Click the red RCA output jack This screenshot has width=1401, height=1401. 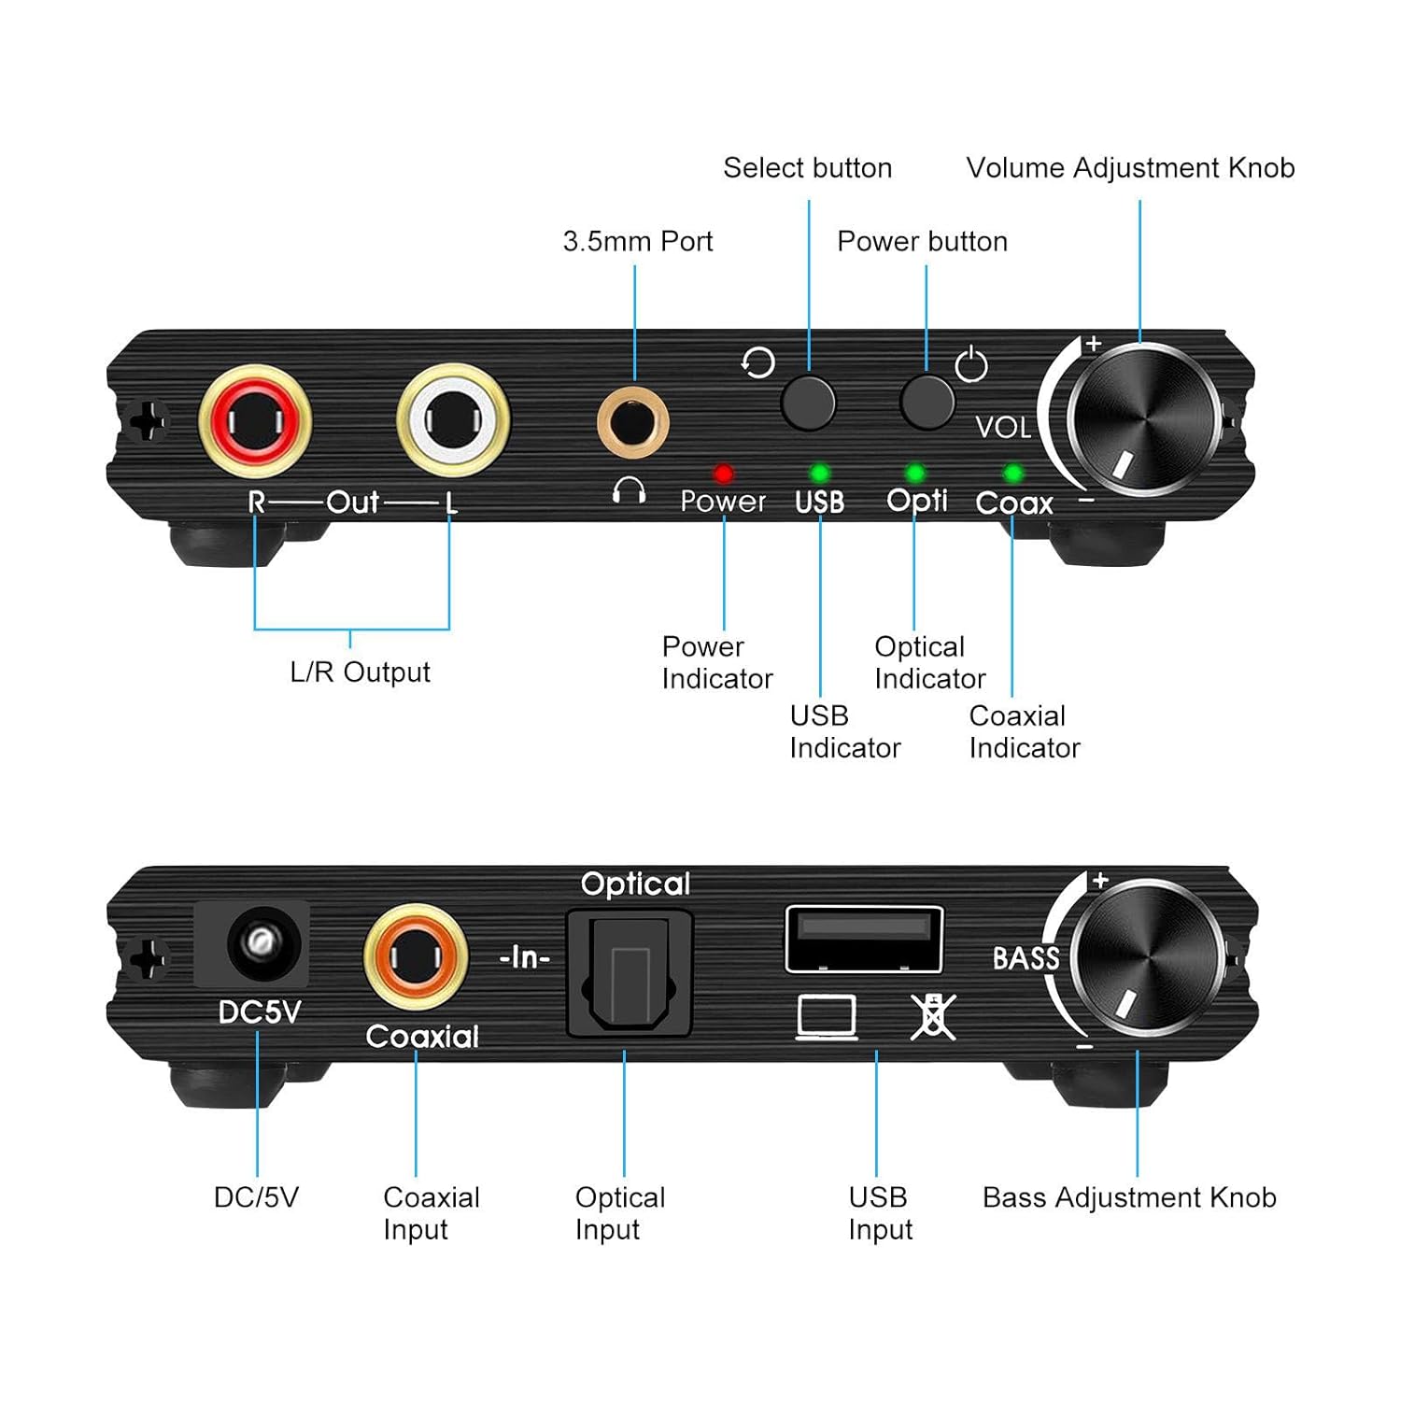pos(254,420)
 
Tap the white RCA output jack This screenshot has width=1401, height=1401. pos(453,419)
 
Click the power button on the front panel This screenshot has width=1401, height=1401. pos(927,402)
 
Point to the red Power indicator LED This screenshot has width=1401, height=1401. pos(723,474)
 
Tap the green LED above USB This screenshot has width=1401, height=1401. pos(819,473)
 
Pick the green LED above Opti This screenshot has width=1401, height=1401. pos(915,474)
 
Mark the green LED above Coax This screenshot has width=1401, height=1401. pos(1012,474)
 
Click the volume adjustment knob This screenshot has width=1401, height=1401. pos(1143,419)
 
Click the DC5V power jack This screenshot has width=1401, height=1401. pos(252,944)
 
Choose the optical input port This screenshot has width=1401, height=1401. pos(630,973)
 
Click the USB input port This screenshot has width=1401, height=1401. pos(864,939)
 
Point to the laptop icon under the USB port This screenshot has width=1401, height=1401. pos(827,1017)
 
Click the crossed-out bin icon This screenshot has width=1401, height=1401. pos(932,1016)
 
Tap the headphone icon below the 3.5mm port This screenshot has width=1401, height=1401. pos(629,490)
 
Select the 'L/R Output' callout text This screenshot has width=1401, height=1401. pos(360,672)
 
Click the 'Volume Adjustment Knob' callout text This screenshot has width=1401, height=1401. pos(1130,168)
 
